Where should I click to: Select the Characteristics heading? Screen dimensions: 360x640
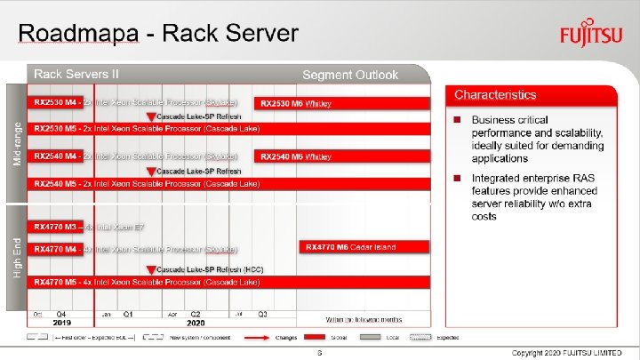click(x=495, y=94)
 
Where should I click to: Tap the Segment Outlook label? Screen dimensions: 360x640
click(x=350, y=75)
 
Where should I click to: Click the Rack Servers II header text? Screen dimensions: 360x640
click(x=76, y=74)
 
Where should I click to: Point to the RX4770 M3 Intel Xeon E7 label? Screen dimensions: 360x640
click(x=89, y=227)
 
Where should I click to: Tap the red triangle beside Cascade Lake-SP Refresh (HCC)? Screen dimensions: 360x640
click(x=151, y=268)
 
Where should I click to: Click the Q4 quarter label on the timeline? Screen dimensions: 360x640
click(x=61, y=315)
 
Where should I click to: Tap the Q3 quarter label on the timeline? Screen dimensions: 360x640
click(x=262, y=315)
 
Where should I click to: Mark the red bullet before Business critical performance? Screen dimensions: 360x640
click(x=456, y=120)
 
